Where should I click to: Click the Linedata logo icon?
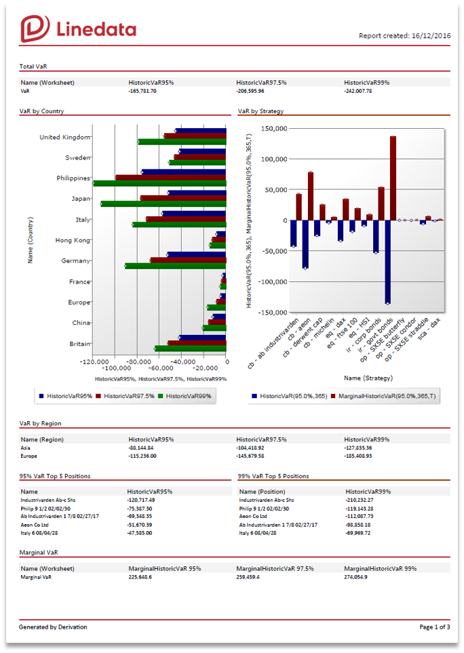35,28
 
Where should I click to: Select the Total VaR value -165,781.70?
142,91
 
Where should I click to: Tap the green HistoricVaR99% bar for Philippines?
159,183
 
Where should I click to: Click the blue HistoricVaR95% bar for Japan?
197,193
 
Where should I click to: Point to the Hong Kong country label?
73,240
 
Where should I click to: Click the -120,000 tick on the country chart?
94,361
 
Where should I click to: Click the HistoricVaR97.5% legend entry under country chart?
127,395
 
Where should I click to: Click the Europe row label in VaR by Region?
29,456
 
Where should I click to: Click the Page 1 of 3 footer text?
434,627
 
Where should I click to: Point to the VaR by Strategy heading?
260,111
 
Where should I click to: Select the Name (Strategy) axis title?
368,378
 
